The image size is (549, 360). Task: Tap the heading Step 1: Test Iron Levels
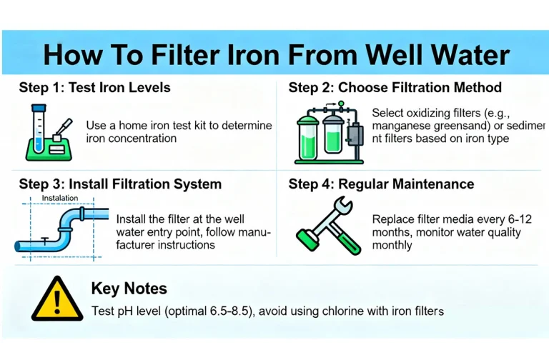[94, 87]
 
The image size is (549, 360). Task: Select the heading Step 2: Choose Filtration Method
[395, 87]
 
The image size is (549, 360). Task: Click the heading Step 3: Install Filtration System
[120, 184]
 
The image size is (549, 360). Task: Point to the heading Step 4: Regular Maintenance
[381, 184]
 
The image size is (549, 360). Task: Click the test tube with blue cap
[39, 128]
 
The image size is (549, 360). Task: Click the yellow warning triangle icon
[57, 299]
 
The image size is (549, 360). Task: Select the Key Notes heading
[129, 289]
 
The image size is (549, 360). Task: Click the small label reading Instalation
[60, 198]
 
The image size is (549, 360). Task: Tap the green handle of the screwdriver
[347, 241]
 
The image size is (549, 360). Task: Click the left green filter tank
[308, 138]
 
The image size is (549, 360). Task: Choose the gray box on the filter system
[355, 134]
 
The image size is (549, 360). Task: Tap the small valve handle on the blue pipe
[45, 240]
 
